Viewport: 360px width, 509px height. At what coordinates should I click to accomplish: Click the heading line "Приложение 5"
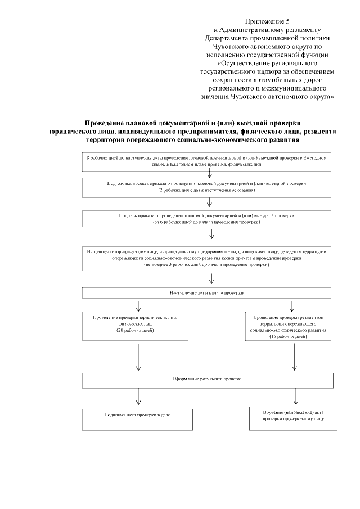coord(268,20)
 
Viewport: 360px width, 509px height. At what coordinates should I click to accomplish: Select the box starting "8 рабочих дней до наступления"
coord(210,162)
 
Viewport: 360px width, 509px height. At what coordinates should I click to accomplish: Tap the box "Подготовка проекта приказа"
coord(210,187)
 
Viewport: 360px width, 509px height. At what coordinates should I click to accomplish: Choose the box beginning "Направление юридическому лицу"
coord(210,257)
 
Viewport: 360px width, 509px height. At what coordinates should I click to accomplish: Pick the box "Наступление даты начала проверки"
coord(210,293)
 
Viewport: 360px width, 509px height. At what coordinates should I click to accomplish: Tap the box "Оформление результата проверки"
coord(210,380)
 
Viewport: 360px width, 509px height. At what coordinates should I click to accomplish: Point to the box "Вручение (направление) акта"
coord(292,416)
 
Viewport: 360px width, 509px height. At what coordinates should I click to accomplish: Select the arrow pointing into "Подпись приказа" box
coord(210,204)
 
